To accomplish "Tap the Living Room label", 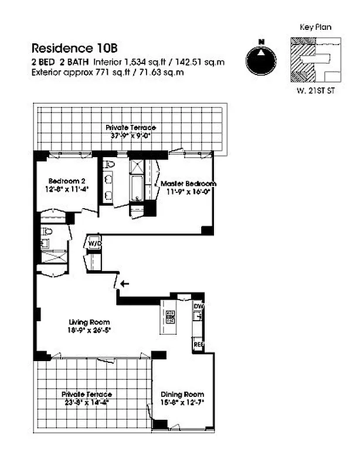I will [89, 322].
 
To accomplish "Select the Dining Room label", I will [182, 394].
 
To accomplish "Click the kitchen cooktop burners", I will [171, 317].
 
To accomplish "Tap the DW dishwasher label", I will [198, 306].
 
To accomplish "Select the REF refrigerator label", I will [198, 345].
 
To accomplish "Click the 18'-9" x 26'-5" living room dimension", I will [90, 330].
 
